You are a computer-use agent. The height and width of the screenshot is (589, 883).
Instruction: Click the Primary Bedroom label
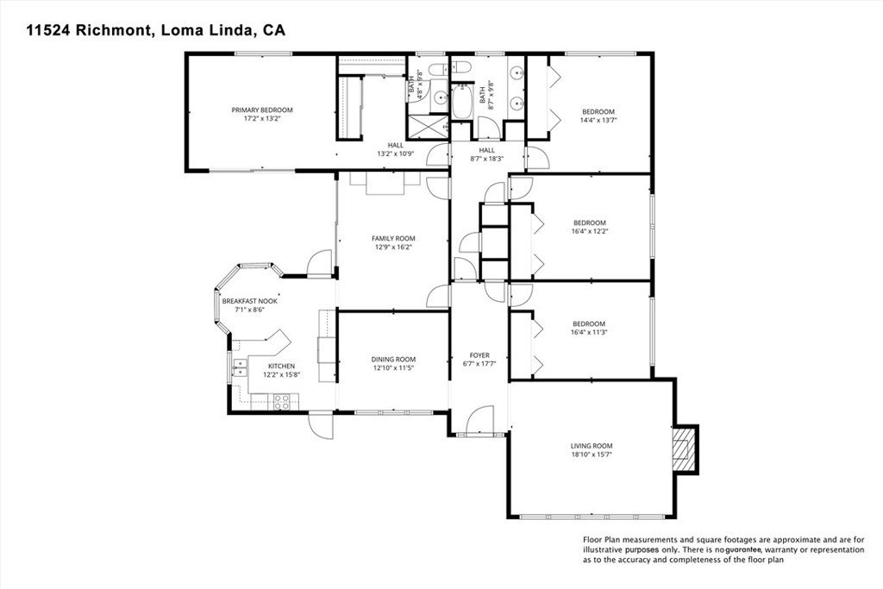[x=262, y=110]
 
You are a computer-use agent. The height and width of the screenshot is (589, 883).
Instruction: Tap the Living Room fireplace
[x=686, y=449]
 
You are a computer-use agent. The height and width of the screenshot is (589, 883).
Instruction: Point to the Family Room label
[x=393, y=238]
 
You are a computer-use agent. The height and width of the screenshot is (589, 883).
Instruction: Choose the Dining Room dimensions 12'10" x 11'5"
[x=393, y=368]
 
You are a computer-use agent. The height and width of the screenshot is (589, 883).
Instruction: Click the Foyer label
[x=479, y=354]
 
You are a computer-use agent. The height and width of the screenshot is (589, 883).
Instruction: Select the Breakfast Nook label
[x=248, y=302]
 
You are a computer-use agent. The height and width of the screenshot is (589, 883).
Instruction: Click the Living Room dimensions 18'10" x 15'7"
[x=592, y=454]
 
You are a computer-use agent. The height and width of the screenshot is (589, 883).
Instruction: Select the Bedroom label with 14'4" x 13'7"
[x=598, y=111]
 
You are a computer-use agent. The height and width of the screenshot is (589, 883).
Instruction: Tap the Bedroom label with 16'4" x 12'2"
[x=588, y=222]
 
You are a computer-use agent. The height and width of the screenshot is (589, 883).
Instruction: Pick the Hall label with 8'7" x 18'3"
[x=487, y=149]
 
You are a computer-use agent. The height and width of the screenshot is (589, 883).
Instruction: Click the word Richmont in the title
[x=116, y=30]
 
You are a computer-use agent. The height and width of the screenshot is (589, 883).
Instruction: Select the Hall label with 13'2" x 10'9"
[x=395, y=145]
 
